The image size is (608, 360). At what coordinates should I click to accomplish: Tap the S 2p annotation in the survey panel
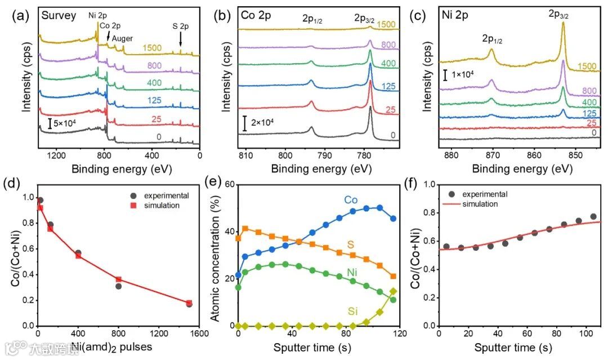[x=180, y=25]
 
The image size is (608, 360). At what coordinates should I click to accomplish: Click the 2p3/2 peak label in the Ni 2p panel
[x=558, y=15]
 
